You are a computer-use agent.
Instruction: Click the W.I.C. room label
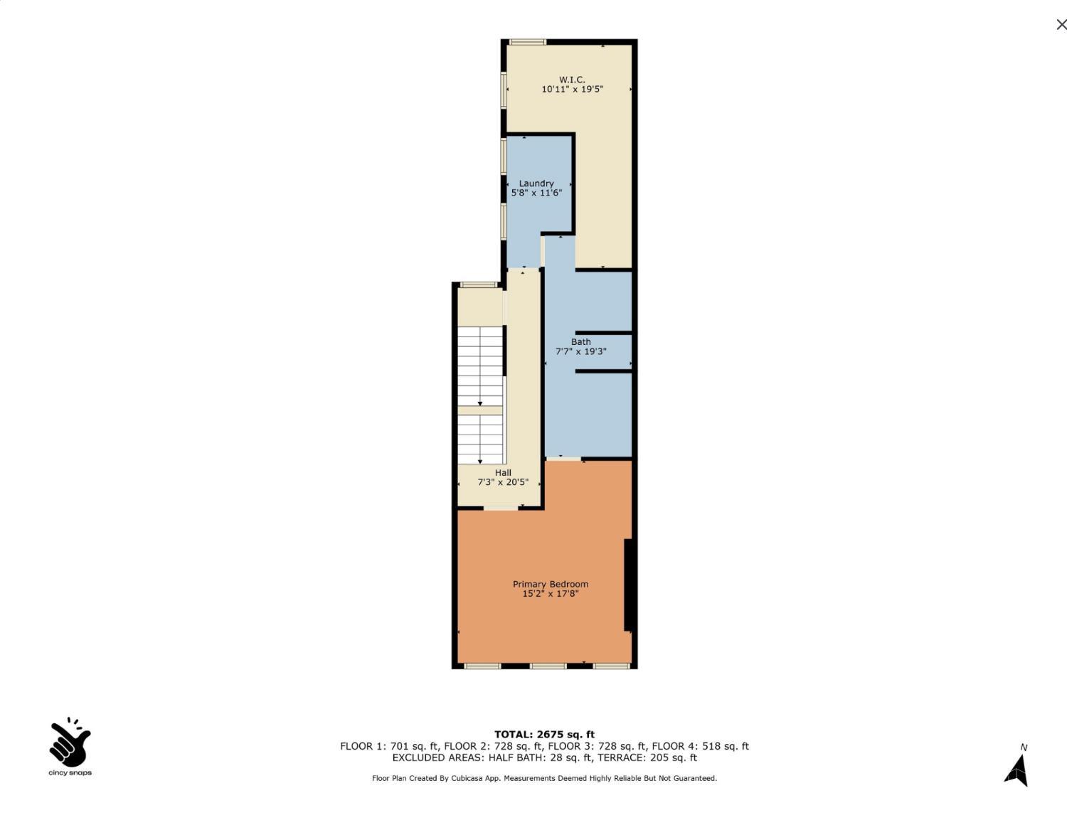tap(572, 80)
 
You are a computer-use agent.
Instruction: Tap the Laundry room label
tap(536, 183)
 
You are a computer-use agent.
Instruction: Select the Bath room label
tap(580, 342)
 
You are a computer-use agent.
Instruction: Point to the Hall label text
tap(503, 473)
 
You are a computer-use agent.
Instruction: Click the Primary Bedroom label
tap(551, 585)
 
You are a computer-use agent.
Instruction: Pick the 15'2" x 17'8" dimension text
tap(551, 594)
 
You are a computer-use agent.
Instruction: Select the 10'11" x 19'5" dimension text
tap(572, 90)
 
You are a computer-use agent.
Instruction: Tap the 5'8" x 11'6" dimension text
tap(536, 193)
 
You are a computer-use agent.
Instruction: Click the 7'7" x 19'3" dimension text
tap(580, 351)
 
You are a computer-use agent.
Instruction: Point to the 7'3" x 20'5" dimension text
tap(503, 482)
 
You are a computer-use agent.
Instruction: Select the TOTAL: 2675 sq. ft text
tap(544, 735)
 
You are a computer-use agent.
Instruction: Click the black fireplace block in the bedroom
tap(629, 585)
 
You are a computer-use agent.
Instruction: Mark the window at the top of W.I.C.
tap(527, 42)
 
